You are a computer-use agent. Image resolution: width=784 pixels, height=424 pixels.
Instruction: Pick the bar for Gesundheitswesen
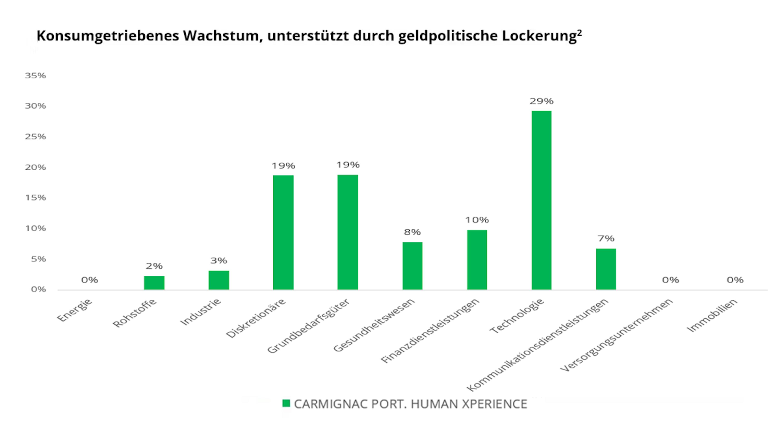pos(412,266)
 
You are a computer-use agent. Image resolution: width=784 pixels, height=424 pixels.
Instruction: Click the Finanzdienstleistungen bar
pos(477,260)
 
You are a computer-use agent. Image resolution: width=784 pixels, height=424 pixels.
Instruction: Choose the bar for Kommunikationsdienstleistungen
pos(606,269)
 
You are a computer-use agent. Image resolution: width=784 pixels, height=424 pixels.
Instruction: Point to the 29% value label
pos(541,101)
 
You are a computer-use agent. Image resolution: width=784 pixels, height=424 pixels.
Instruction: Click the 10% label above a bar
pos(477,220)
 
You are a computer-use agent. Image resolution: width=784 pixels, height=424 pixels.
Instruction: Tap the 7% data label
pos(606,238)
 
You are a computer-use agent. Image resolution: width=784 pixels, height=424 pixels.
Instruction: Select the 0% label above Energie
pos(89,280)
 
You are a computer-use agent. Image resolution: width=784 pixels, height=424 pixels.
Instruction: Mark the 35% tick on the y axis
pos(36,76)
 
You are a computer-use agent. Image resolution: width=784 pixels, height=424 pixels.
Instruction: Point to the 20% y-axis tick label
pos(36,167)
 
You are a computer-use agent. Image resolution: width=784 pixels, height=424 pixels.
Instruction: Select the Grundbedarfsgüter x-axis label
pos(308,326)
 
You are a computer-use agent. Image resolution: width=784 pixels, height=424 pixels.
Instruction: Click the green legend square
pos(286,403)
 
